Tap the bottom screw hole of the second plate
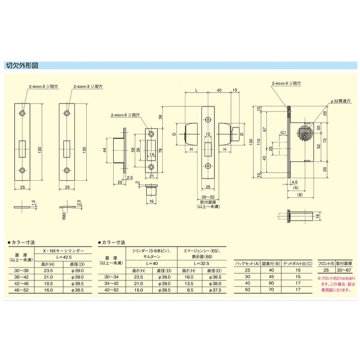click(x=67, y=170)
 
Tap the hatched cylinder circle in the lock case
click(x=304, y=134)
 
